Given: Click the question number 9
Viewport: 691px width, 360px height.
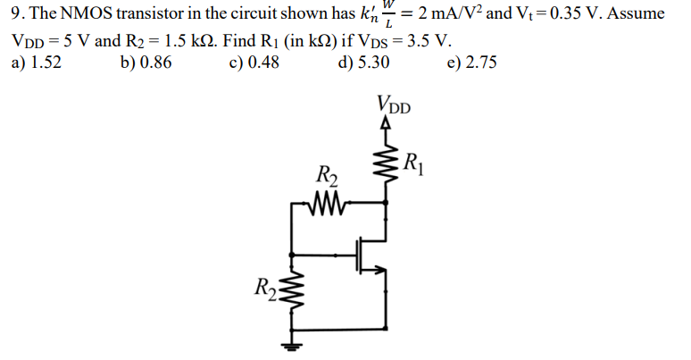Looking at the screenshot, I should (x=12, y=18).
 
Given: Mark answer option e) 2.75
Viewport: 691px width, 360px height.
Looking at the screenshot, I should (x=472, y=63).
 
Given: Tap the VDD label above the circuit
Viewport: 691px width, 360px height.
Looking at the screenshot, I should (x=394, y=104).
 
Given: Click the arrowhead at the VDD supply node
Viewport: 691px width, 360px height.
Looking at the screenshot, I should (x=386, y=127).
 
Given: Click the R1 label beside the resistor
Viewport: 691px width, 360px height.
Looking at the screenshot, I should (x=412, y=163).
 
